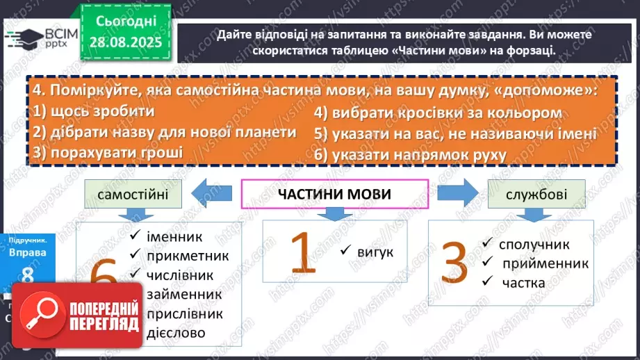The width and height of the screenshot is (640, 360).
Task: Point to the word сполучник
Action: (x=534, y=245)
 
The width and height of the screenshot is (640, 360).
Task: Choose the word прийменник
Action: (x=544, y=263)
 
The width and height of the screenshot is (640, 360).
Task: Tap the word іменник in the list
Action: (x=174, y=237)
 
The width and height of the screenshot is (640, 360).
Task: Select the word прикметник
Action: (x=188, y=256)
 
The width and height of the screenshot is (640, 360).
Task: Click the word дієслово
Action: (x=176, y=333)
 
